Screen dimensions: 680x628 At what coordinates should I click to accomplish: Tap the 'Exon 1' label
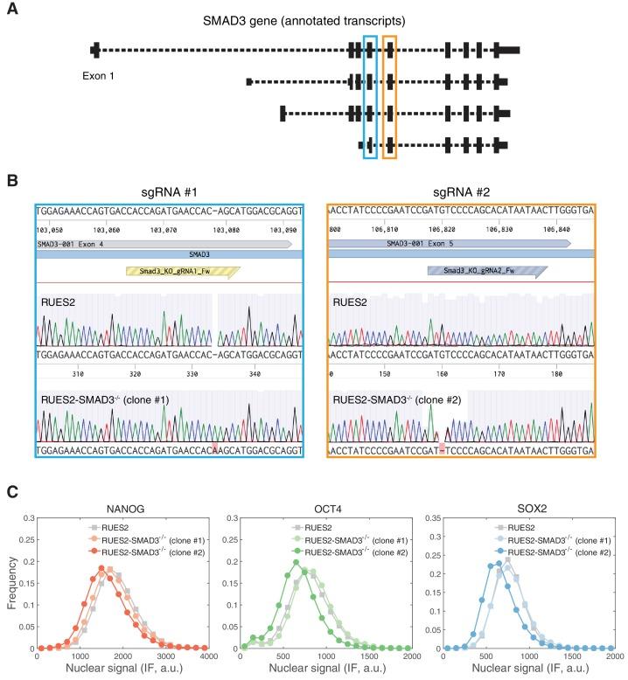(98, 76)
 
